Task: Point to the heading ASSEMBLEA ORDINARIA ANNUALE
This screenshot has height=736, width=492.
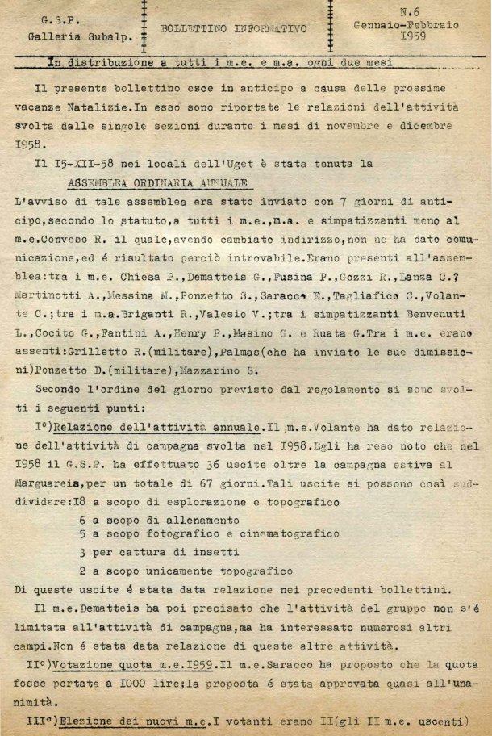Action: pos(158,182)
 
